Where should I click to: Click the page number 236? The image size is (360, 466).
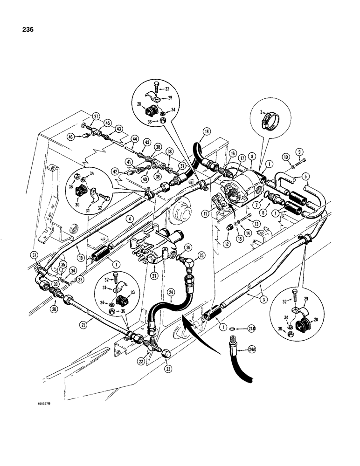point(27,30)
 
